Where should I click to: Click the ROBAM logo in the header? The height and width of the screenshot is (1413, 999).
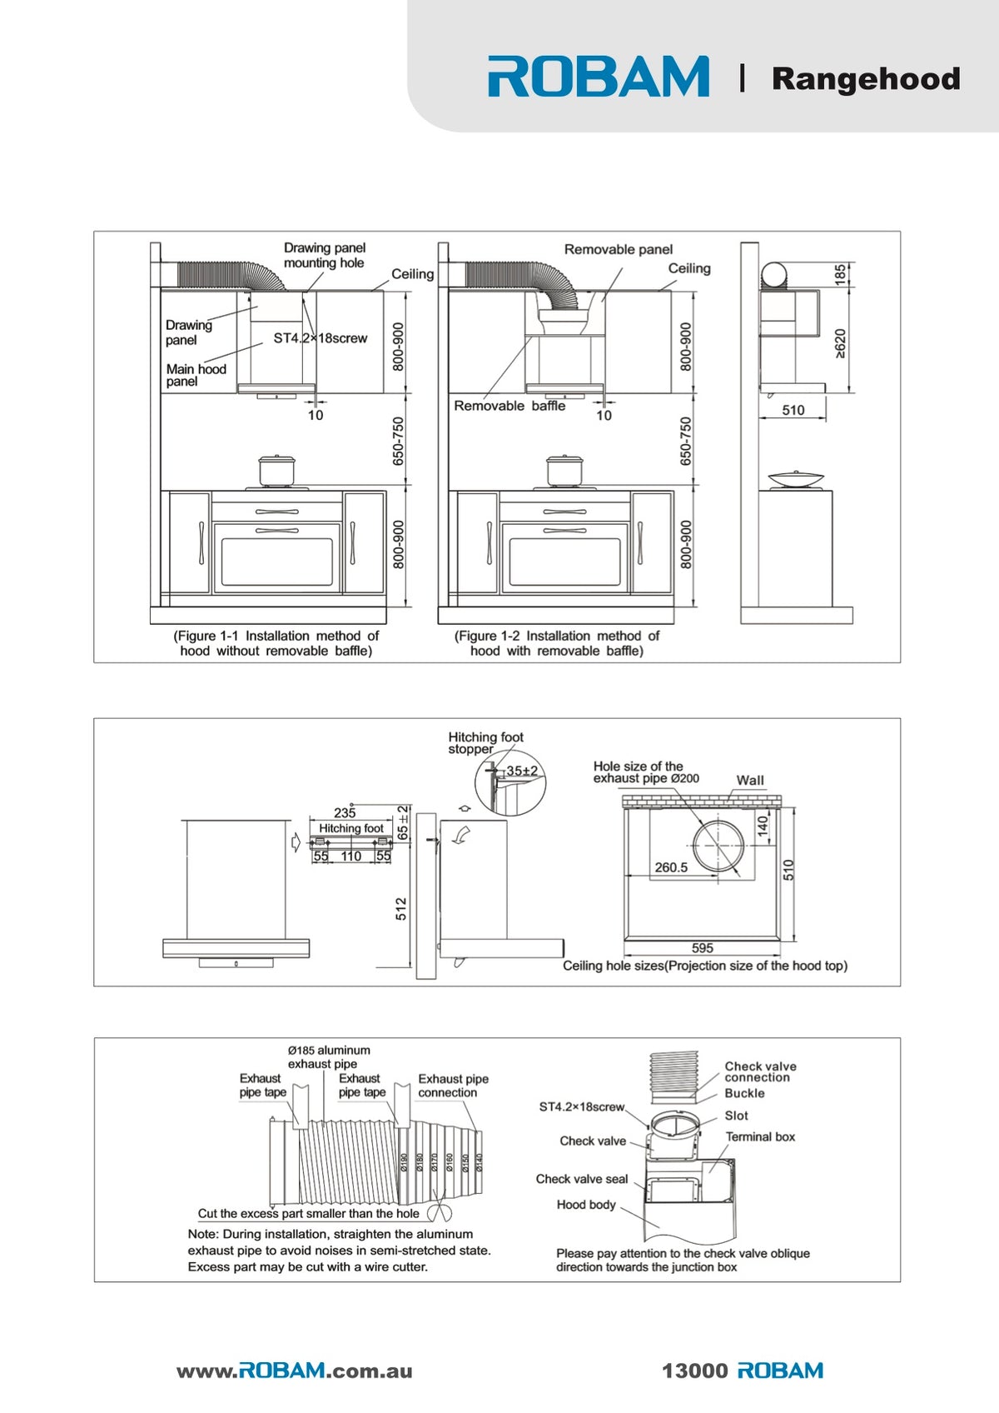point(598,77)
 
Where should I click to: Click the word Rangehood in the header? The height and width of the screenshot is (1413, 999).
point(866,79)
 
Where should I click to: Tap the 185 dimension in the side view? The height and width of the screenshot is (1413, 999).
point(840,275)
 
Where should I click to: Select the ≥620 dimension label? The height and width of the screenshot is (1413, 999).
point(840,344)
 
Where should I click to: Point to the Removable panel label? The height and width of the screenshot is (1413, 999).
point(619,249)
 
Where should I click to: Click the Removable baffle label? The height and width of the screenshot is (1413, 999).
point(509,406)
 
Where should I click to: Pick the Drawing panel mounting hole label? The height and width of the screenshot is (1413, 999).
point(324,256)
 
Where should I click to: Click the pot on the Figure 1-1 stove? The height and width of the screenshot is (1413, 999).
point(276,472)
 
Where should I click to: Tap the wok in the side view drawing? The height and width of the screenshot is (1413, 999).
point(795,479)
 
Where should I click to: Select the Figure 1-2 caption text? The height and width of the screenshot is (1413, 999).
point(557,643)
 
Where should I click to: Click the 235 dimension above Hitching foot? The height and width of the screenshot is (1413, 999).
point(345,812)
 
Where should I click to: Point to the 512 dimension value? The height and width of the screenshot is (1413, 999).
point(401,909)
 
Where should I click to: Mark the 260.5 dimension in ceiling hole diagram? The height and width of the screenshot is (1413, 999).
point(671,867)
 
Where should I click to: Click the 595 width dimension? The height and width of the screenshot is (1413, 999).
point(702,948)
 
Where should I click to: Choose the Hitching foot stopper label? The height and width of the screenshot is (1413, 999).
point(485,742)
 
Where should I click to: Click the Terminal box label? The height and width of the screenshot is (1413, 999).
point(760,1136)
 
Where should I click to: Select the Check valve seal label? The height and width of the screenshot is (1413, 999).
point(582,1179)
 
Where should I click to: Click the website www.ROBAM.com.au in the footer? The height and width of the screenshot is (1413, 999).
point(295,1371)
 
